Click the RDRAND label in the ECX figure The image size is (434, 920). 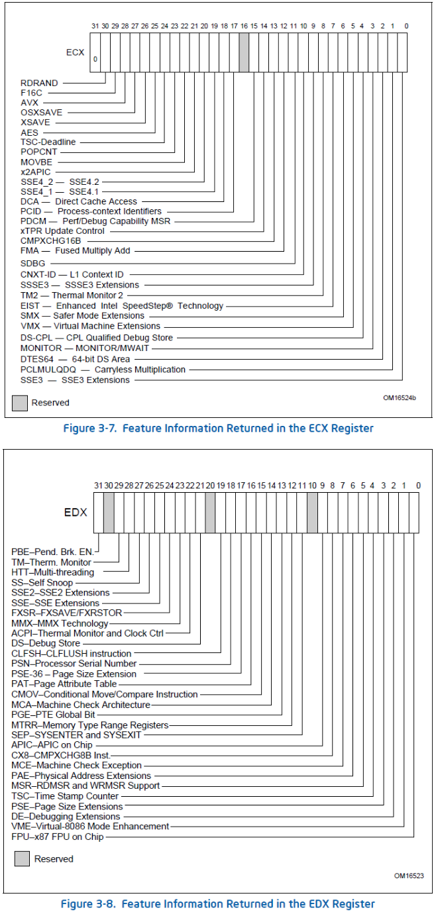click(39, 83)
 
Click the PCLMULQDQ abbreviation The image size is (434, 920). click(48, 370)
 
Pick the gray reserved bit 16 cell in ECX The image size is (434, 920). click(244, 52)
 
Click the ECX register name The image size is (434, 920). click(76, 52)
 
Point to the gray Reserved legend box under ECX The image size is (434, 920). click(20, 402)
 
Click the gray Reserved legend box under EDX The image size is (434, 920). click(23, 858)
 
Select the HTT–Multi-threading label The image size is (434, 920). click(53, 572)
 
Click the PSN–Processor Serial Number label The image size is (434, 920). click(74, 664)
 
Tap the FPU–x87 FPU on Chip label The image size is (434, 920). click(57, 837)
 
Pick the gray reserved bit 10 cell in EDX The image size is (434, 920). click(312, 513)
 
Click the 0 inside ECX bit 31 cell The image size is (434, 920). click(95, 59)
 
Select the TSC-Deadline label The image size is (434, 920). click(48, 142)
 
